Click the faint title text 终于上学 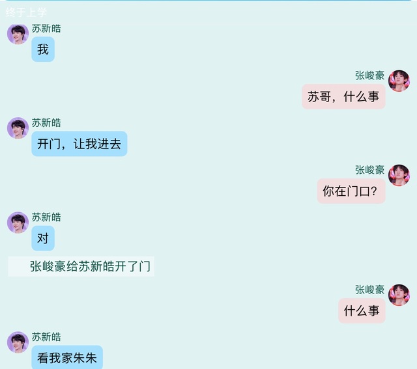click(26, 12)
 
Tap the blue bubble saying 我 click(43, 49)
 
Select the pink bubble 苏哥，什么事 click(343, 96)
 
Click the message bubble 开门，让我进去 click(79, 144)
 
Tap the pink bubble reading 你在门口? click(351, 191)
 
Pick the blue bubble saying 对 click(43, 238)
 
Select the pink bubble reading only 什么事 click(362, 310)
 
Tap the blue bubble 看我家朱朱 click(67, 357)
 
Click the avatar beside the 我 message click(18, 34)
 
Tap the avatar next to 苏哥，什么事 click(399, 81)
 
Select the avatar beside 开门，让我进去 click(18, 128)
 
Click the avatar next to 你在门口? click(399, 175)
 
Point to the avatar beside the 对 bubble click(18, 223)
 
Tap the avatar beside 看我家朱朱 click(18, 342)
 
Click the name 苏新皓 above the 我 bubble click(46, 29)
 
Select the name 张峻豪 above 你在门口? click(369, 170)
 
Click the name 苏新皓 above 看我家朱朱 click(46, 337)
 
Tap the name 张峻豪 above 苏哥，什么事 click(369, 75)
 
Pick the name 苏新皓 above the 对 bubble click(46, 217)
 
